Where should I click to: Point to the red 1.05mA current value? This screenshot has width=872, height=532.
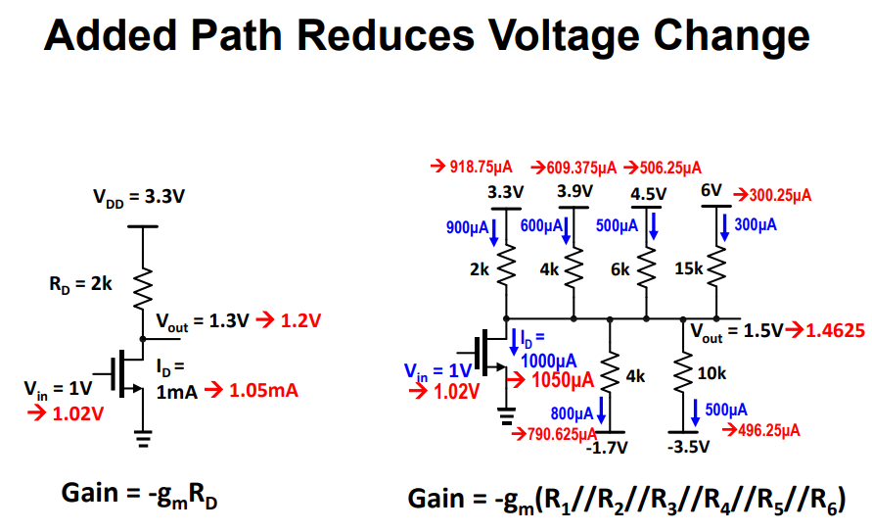(x=264, y=391)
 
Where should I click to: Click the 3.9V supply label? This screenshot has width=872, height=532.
(x=574, y=191)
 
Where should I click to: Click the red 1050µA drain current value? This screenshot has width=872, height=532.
(x=562, y=379)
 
